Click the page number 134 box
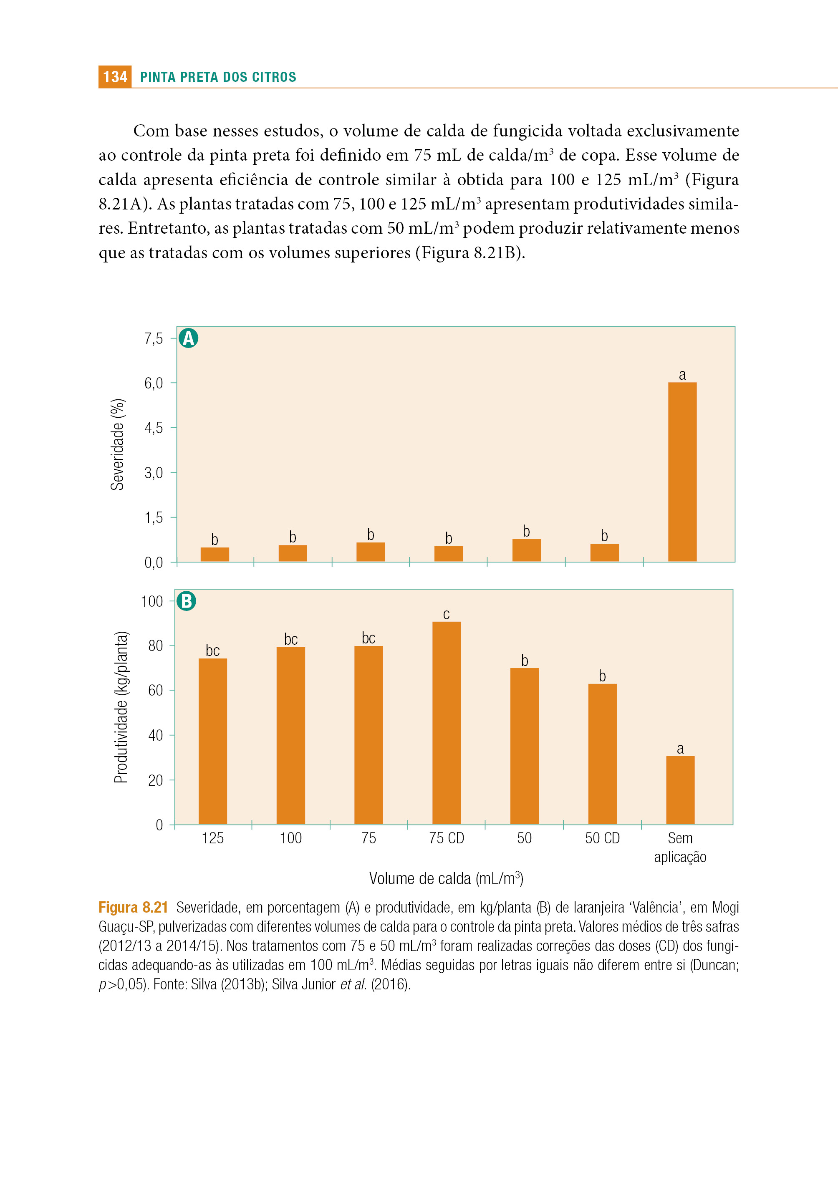click(x=114, y=77)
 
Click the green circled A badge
click(x=188, y=338)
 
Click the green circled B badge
click(x=186, y=601)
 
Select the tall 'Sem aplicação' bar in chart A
click(x=682, y=472)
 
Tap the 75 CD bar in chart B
click(x=447, y=723)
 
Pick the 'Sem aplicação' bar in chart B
click(x=680, y=790)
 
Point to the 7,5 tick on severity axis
click(x=153, y=338)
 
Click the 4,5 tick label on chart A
click(x=153, y=428)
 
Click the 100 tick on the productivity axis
click(x=152, y=601)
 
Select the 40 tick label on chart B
click(x=155, y=735)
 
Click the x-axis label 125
click(x=212, y=838)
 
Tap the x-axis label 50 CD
click(x=602, y=838)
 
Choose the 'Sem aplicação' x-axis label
click(x=680, y=847)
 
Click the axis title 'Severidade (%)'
click(x=118, y=444)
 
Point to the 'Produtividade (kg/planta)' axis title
click(x=121, y=707)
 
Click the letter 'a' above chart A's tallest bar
click(x=682, y=375)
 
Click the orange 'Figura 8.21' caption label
click(x=134, y=907)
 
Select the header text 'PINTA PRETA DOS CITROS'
click(x=218, y=77)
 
